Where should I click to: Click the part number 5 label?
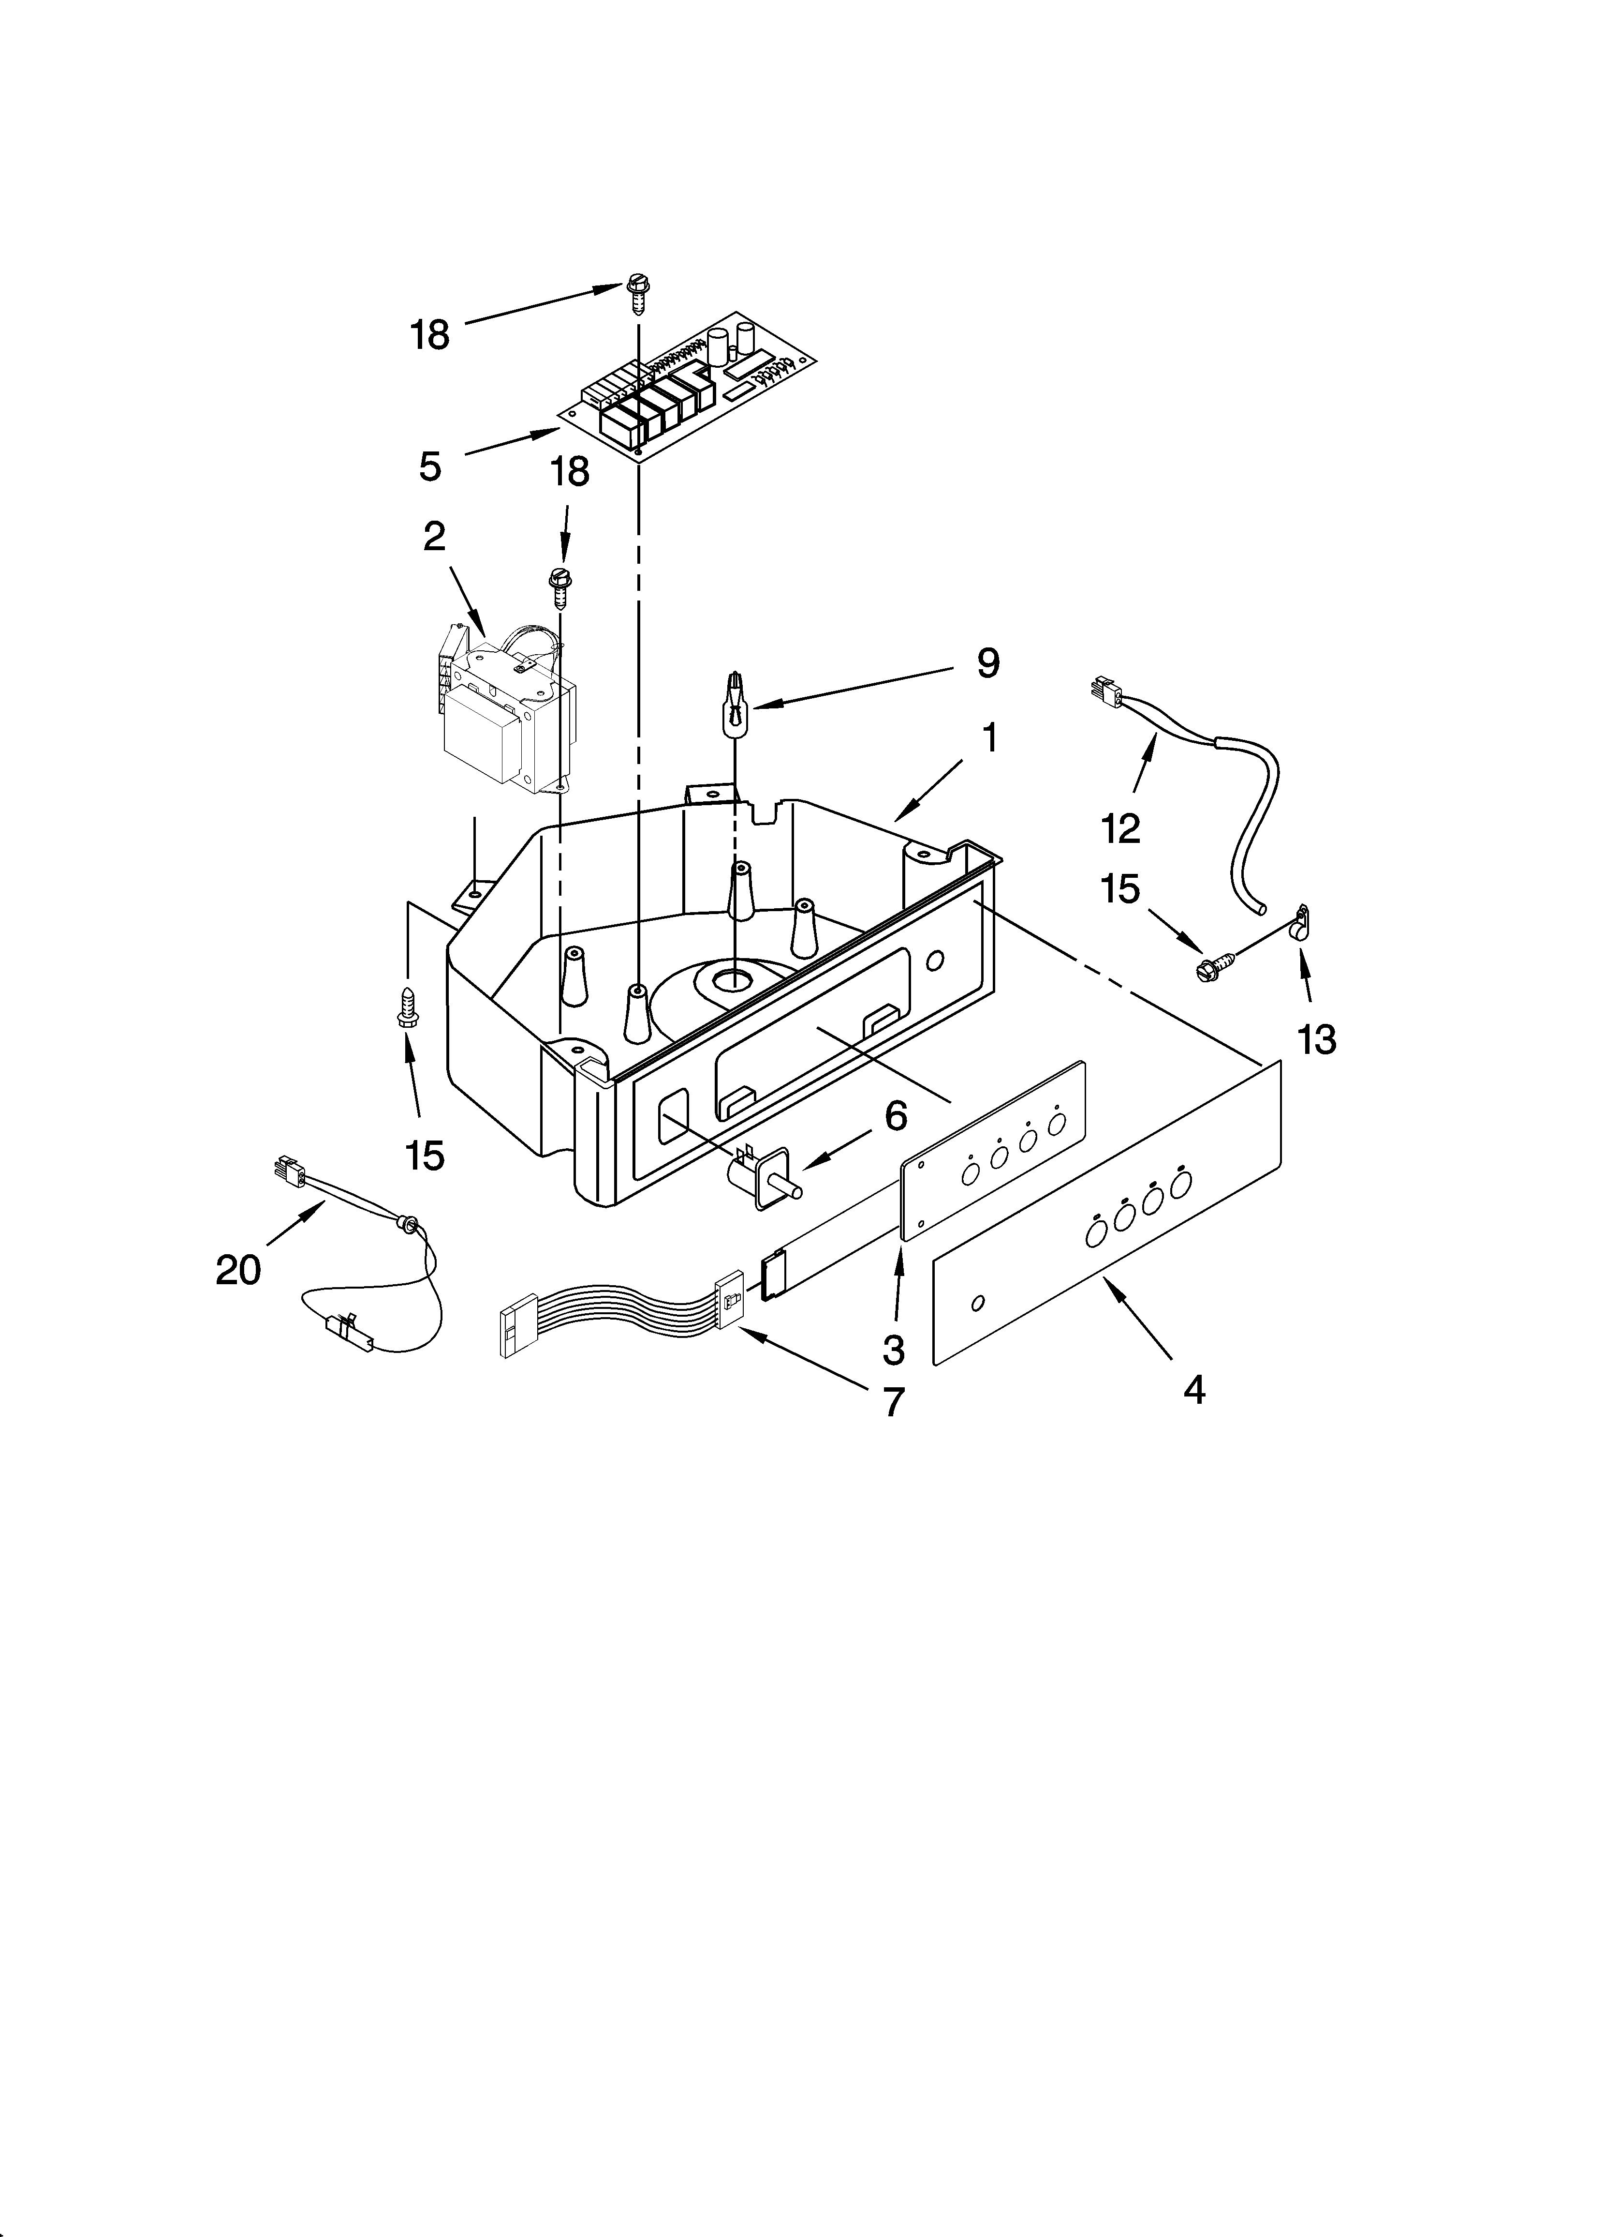tap(430, 465)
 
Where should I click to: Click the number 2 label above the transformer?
tap(434, 537)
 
